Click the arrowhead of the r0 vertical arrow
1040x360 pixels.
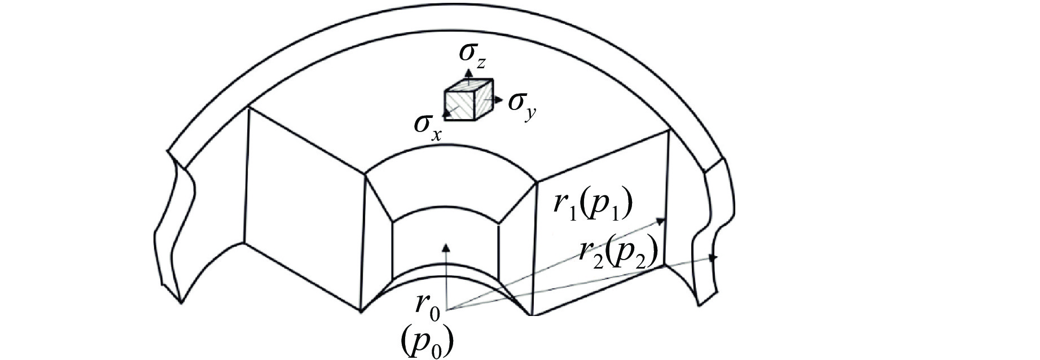(x=446, y=247)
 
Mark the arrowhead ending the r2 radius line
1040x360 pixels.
(x=713, y=258)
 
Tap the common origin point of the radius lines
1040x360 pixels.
(x=447, y=309)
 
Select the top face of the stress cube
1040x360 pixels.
(x=469, y=85)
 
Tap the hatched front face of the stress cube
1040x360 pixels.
(x=462, y=107)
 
